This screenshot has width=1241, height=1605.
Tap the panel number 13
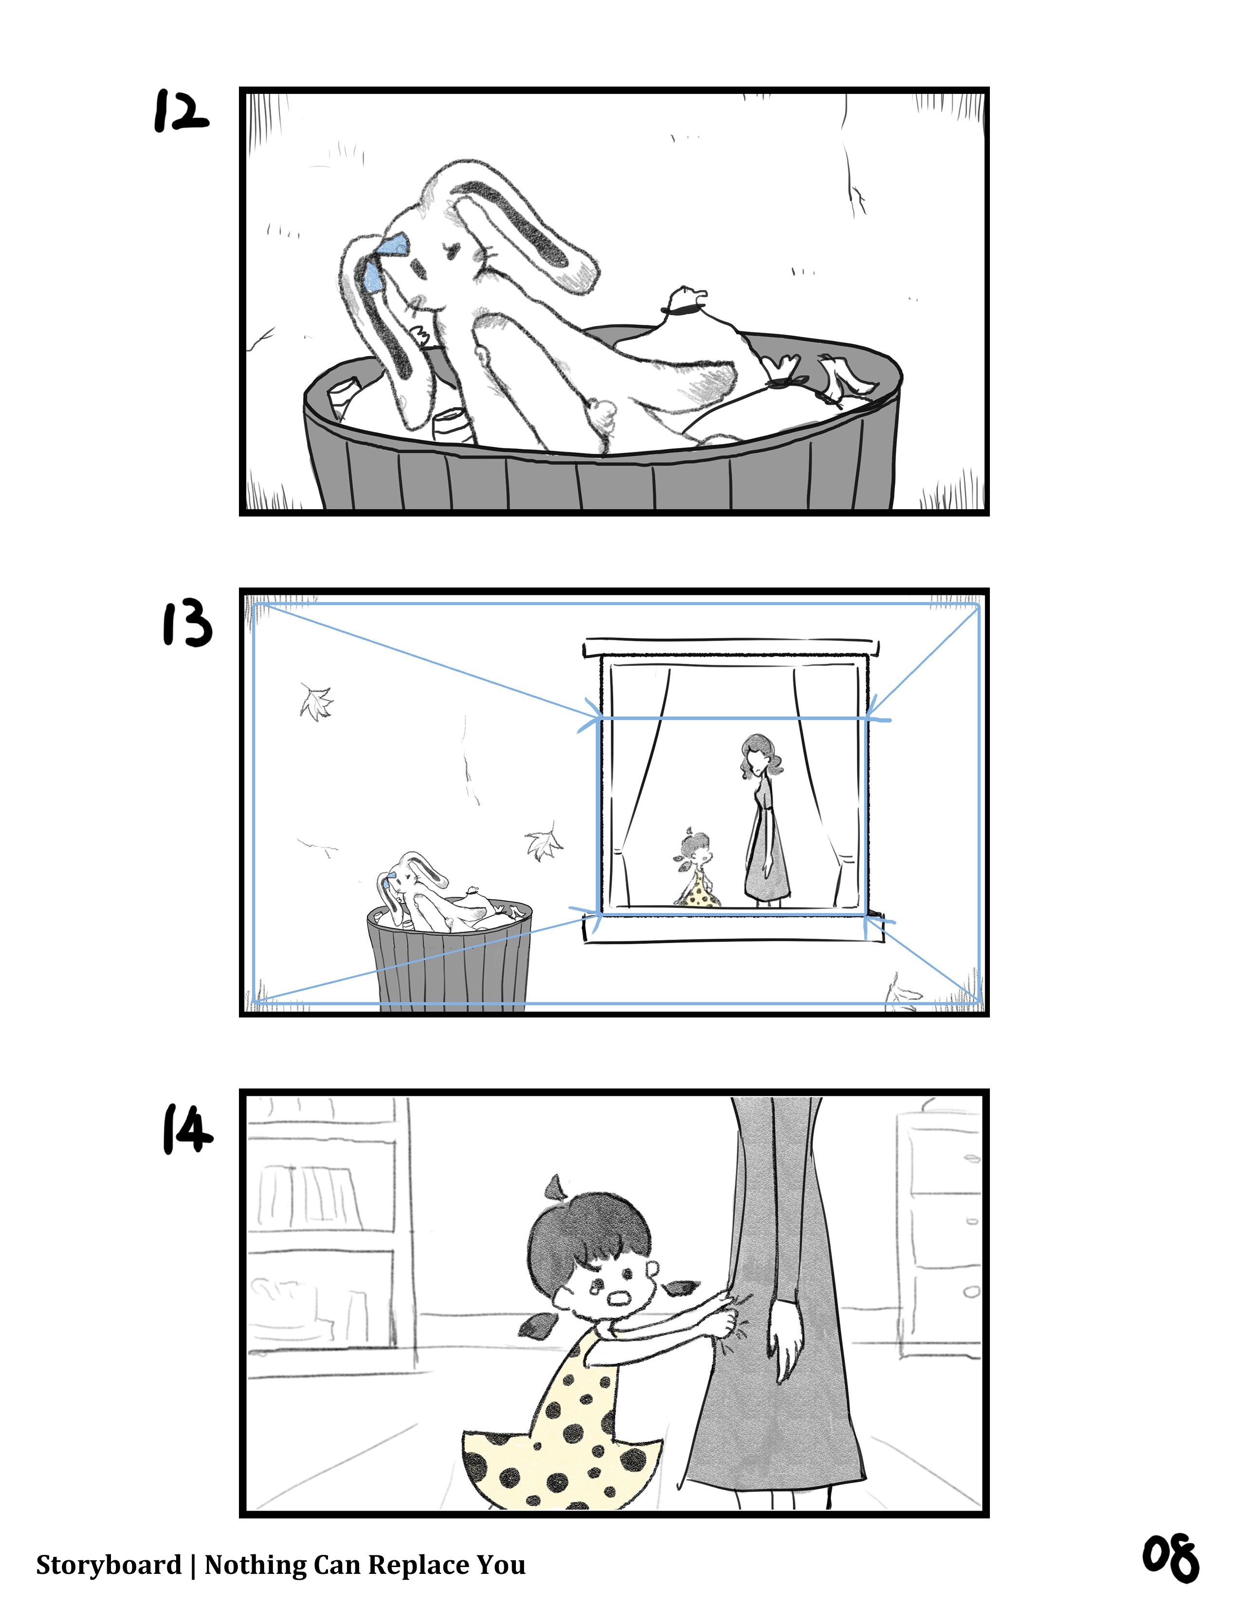tap(187, 623)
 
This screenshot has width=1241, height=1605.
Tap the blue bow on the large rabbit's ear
tap(384, 262)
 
